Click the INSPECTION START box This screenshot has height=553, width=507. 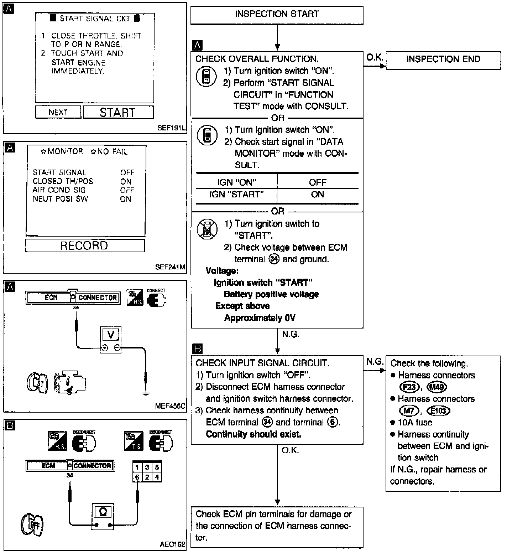coord(277,14)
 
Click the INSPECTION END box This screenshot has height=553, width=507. coord(443,60)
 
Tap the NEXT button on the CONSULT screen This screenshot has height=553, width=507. coord(58,112)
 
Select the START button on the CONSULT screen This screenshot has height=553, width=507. coord(118,113)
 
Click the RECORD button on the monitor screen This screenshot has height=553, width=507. coord(85,246)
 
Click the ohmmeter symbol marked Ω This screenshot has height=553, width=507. coord(103,512)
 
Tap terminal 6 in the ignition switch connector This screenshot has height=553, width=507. coord(137,477)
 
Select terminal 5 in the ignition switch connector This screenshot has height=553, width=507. coord(157,467)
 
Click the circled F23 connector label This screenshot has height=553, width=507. coord(409,387)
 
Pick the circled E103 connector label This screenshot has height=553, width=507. coord(438,411)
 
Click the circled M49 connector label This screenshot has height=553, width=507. coord(437,387)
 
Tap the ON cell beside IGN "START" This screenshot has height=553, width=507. coord(317,195)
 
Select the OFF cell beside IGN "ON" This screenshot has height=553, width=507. coord(317,182)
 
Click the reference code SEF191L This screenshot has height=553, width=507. coord(171,128)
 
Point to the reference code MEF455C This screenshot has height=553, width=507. coord(170,406)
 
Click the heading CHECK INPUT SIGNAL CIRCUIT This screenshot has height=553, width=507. coord(262,363)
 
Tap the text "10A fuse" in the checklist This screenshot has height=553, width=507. coord(414,423)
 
